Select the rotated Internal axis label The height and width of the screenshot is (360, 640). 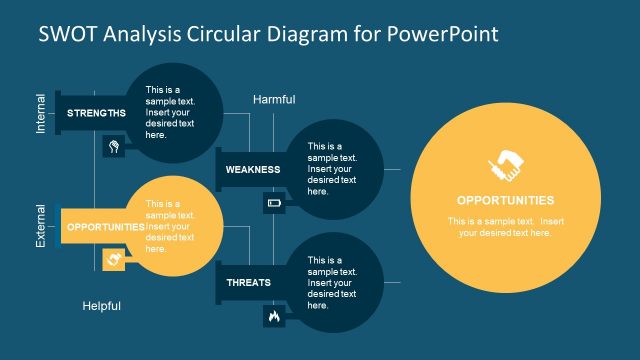[41, 113]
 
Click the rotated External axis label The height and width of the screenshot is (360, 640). [41, 226]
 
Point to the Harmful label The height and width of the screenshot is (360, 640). [275, 99]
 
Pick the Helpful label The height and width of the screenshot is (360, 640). [101, 306]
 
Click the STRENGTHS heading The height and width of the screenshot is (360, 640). [96, 113]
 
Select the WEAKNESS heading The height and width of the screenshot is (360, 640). [252, 170]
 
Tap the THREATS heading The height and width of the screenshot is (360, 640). [248, 283]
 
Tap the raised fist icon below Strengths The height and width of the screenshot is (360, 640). [115, 147]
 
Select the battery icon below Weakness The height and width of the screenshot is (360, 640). [274, 204]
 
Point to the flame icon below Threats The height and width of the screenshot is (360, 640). [274, 316]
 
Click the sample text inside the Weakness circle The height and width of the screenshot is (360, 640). [332, 168]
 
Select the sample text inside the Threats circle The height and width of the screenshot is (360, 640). [332, 282]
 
